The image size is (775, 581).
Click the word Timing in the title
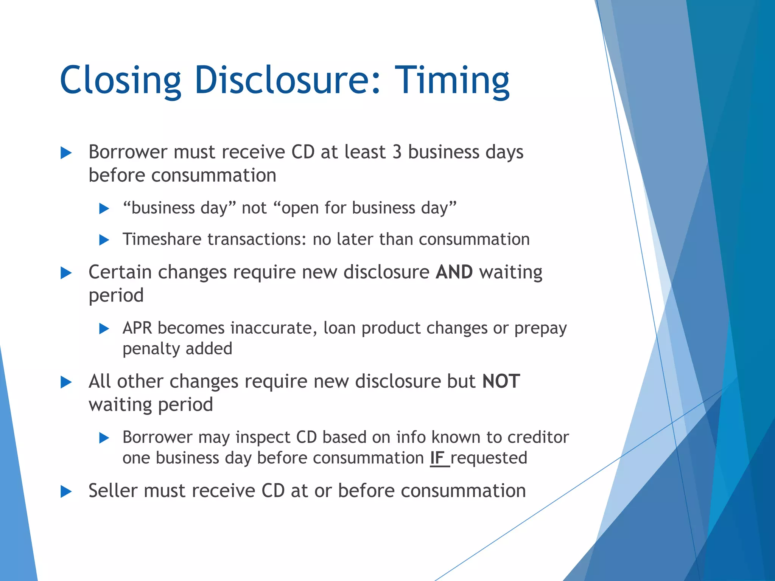[452, 80]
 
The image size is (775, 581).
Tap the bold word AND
[454, 272]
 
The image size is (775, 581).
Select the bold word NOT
[501, 381]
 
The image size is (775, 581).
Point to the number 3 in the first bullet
[397, 152]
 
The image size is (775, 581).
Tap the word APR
[137, 328]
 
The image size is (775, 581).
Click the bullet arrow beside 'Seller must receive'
[66, 492]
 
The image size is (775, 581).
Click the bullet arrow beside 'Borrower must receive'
[66, 153]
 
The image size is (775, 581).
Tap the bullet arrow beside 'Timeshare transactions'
[104, 240]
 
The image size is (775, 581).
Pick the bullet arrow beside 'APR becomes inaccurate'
[104, 329]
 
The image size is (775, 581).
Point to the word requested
[489, 458]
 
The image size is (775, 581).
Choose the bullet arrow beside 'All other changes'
[66, 382]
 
